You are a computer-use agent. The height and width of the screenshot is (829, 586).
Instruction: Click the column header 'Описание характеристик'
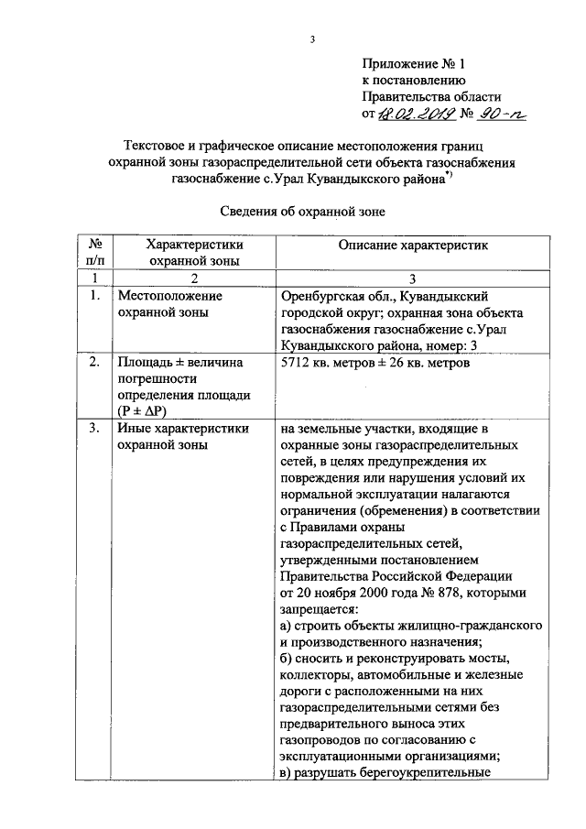(x=414, y=245)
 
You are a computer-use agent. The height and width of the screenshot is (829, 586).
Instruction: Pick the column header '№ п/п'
(x=94, y=253)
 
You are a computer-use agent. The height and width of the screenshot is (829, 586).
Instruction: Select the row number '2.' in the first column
(x=94, y=388)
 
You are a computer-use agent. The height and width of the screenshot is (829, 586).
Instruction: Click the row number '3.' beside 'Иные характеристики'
(x=94, y=428)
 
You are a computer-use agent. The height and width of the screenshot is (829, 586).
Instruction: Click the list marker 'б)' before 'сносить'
(x=283, y=659)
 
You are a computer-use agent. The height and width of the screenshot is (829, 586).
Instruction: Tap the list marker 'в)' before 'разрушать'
(x=283, y=772)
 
